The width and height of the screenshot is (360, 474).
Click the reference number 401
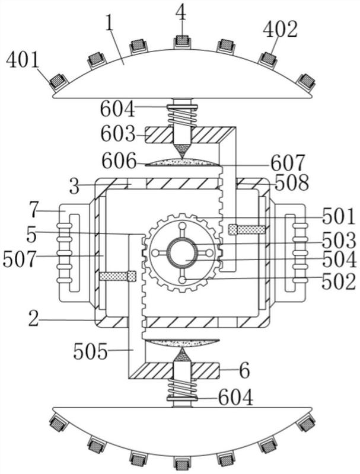pos(23,60)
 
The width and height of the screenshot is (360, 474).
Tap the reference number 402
pos(281,30)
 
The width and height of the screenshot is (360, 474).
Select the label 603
pos(117,134)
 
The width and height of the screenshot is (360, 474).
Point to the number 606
pos(119,161)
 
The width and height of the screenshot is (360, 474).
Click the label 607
pos(288,163)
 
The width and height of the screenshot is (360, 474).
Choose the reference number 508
pos(292,182)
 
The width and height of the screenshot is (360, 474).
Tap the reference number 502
pos(339,282)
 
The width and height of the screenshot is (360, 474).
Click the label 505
pos(91,351)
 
